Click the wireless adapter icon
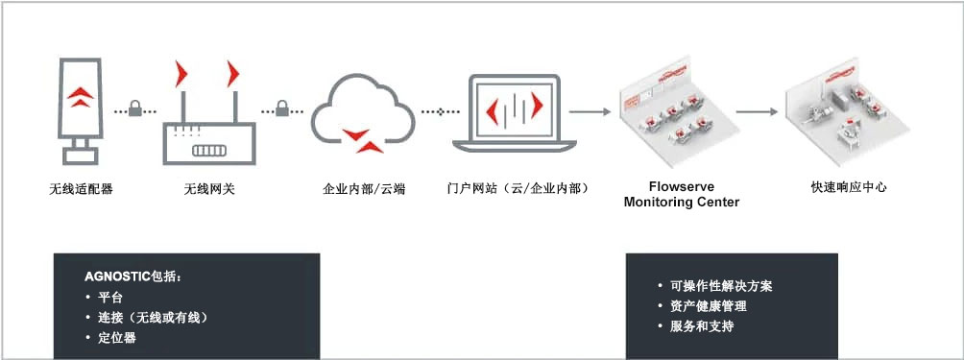click(81, 108)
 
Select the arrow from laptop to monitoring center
click(591, 111)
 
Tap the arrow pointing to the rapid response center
click(757, 111)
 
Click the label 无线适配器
click(81, 189)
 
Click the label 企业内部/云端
click(364, 189)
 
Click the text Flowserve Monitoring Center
click(682, 195)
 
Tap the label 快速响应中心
click(849, 187)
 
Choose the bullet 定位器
click(117, 337)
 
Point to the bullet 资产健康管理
click(708, 306)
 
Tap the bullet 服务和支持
click(701, 326)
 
